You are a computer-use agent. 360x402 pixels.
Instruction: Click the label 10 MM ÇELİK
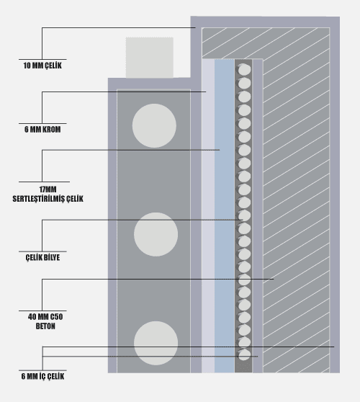42,66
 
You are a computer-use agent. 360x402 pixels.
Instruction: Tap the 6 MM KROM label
42,130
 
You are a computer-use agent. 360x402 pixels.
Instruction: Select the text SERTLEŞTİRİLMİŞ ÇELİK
48,199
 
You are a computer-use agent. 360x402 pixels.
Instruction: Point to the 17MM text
48,189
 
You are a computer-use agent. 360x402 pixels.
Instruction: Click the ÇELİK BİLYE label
42,257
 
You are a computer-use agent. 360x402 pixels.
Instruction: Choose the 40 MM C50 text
45,317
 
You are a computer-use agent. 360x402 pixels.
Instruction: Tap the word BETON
45,326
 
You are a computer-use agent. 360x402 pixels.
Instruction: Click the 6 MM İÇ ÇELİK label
42,376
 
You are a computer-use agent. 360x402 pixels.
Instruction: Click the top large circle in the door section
154,125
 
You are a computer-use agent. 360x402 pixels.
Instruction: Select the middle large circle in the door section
156,234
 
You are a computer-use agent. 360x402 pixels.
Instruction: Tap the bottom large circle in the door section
156,343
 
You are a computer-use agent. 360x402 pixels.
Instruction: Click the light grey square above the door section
149,58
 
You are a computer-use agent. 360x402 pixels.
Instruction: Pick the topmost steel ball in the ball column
243,69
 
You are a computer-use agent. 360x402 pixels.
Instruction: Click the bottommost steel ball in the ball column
244,355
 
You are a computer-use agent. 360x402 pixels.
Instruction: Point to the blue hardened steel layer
225,216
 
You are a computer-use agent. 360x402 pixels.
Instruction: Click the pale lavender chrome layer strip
208,216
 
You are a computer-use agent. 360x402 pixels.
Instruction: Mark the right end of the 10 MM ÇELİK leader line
195,27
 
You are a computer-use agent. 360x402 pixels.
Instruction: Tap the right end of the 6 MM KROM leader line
206,91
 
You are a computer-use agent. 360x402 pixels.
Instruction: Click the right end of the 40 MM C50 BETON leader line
274,279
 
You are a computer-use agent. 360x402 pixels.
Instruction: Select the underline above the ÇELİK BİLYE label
42,251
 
